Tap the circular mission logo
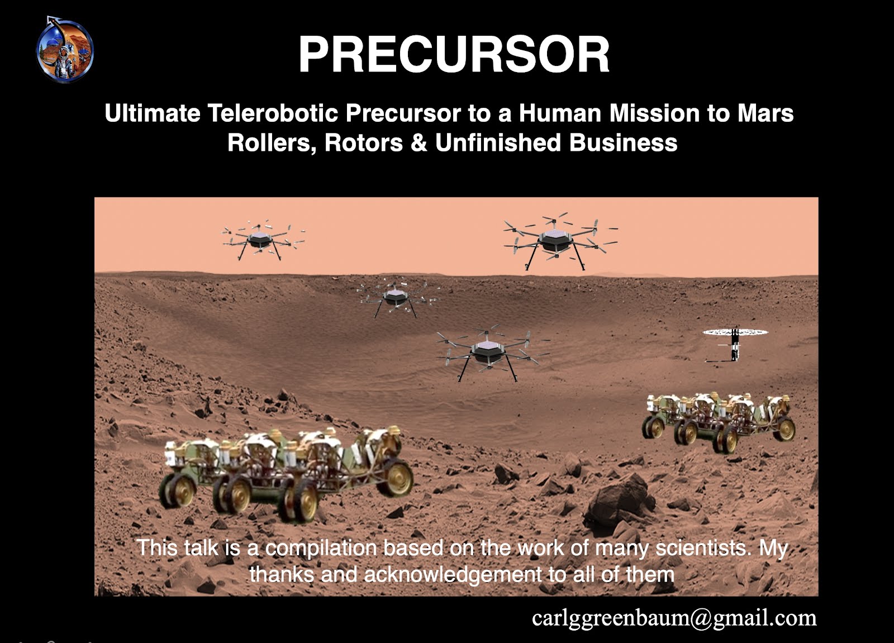pyautogui.click(x=65, y=50)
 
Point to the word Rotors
pyautogui.click(x=364, y=142)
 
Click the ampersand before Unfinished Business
pyautogui.click(x=419, y=142)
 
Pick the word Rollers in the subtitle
pyautogui.click(x=272, y=143)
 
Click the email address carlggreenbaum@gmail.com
pyautogui.click(x=674, y=618)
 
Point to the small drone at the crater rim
pyautogui.click(x=396, y=298)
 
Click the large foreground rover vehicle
pyautogui.click(x=286, y=473)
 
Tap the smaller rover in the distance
pyautogui.click(x=719, y=422)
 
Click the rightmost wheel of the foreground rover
pyautogui.click(x=395, y=477)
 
